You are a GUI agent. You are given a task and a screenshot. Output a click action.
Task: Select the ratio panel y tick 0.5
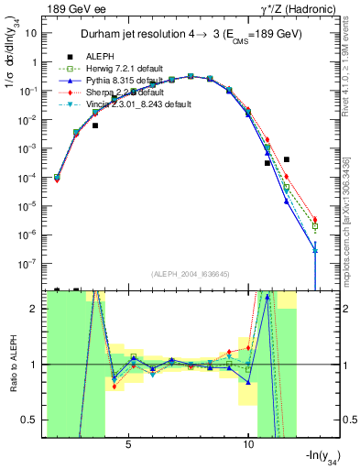[x=33, y=420]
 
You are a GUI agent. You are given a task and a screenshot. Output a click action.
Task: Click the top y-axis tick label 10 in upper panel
[x=32, y=32]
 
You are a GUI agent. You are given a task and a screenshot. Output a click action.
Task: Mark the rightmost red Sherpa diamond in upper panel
[x=315, y=220]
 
